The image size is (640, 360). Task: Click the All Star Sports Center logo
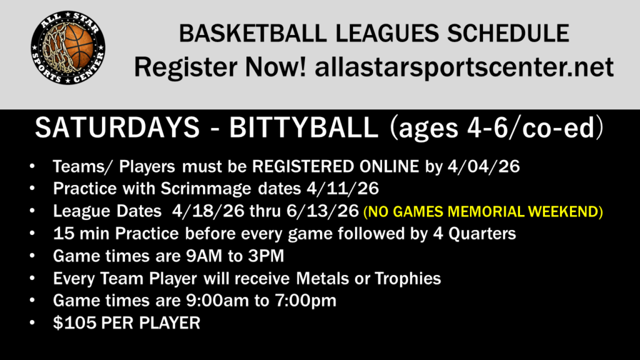68,47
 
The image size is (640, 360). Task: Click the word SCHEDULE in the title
508,34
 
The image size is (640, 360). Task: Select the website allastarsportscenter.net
464,67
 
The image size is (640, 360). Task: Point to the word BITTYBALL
304,127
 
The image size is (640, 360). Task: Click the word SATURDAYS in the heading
117,127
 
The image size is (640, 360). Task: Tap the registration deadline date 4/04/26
484,166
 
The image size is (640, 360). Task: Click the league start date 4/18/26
208,211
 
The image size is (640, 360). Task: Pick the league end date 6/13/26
322,211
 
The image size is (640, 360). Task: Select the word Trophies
407,279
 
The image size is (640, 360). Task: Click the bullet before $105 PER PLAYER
32,323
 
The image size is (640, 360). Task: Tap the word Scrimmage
206,189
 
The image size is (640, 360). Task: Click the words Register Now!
220,67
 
